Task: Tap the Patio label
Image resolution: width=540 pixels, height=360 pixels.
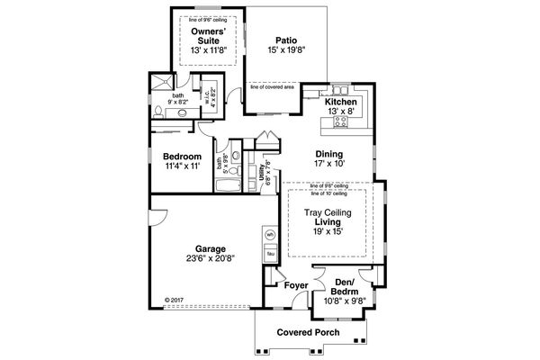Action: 286,40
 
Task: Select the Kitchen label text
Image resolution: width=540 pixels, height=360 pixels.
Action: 341,103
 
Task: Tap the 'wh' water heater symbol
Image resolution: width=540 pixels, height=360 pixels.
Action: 269,235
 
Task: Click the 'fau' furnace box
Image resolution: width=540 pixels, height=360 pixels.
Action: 269,254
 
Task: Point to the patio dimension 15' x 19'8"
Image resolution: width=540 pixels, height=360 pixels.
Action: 286,50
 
